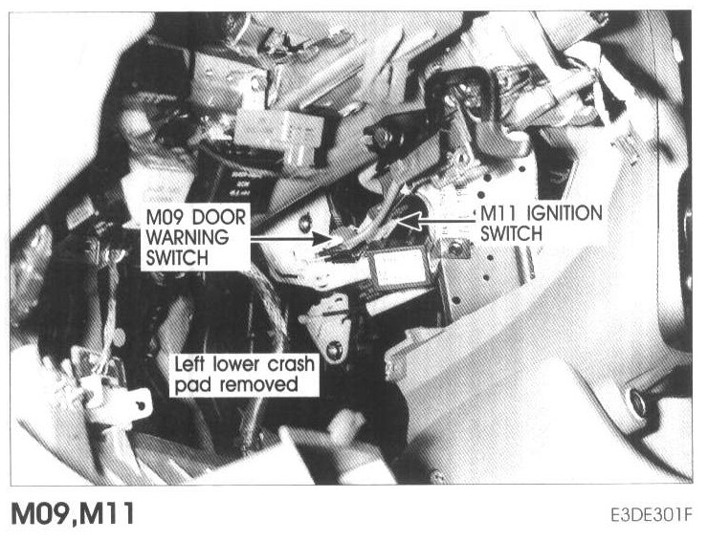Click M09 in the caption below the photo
(37, 515)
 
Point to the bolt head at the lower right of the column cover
(636, 400)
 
